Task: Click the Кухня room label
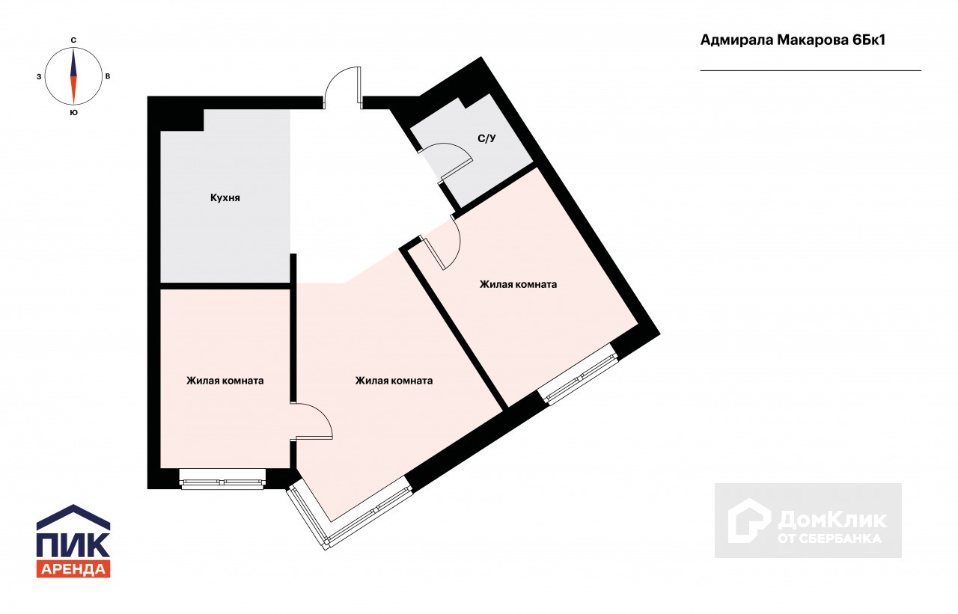coord(225,198)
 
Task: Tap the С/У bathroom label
coord(486,138)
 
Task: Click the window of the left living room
coord(222,479)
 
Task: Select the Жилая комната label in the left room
coord(225,381)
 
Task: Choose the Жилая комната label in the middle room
coord(394,381)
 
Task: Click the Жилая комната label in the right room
coord(518,285)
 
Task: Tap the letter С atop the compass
coord(73,40)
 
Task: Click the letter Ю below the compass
coord(73,113)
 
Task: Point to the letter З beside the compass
coord(39,77)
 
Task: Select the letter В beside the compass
coord(108,76)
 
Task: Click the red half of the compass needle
coord(73,89)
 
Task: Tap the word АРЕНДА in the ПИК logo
coord(73,569)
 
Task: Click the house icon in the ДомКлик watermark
coord(749,521)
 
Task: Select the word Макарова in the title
coord(813,40)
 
